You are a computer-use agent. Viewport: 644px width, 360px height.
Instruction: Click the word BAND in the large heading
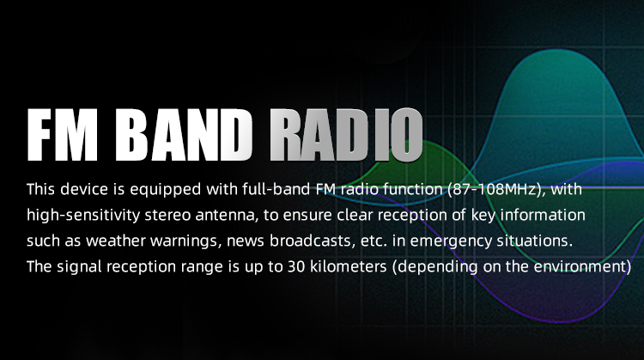pos(184,135)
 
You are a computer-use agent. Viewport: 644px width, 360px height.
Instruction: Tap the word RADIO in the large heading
pos(346,135)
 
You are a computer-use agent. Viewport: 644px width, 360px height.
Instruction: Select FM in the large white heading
pos(63,135)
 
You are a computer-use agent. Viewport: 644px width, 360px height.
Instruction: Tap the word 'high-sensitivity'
pos(83,216)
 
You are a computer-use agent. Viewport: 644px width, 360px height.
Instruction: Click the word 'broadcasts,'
pos(313,241)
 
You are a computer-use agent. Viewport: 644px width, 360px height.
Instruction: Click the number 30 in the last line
pos(296,267)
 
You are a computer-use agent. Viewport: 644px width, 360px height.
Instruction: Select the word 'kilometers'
pos(349,266)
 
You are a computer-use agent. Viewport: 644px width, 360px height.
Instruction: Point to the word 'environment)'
pos(582,267)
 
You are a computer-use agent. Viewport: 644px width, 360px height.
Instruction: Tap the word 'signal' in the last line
pos(79,267)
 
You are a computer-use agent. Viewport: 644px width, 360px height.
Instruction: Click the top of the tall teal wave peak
pos(562,50)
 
